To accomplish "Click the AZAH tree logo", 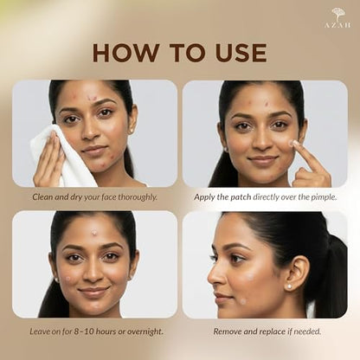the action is pyautogui.click(x=337, y=18).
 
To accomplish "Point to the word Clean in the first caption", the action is pyautogui.click(x=42, y=197).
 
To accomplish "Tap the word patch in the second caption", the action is pyautogui.click(x=241, y=197).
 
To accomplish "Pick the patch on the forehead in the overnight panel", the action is pyautogui.click(x=94, y=232).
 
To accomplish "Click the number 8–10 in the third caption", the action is pyautogui.click(x=83, y=331).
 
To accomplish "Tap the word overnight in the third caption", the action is pyautogui.click(x=145, y=331).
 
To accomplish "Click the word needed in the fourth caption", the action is pyautogui.click(x=308, y=331).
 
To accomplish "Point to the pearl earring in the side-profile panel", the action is pyautogui.click(x=288, y=286).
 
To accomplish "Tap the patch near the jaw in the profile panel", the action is pyautogui.click(x=243, y=301).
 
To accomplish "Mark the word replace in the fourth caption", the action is pyautogui.click(x=272, y=331).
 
